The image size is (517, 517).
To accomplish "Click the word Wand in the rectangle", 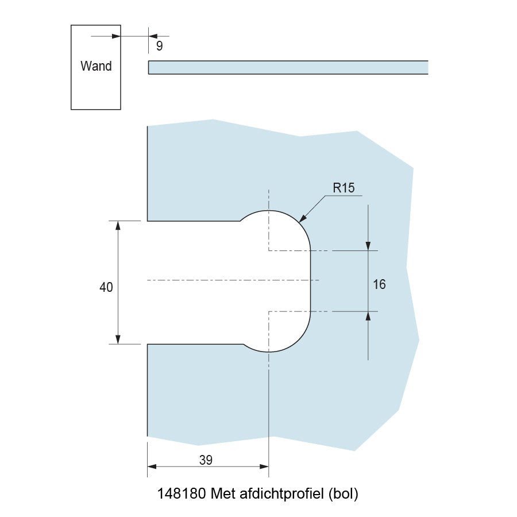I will [96, 66].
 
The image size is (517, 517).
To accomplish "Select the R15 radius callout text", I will [344, 187].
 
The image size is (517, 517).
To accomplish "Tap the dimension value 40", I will [106, 288].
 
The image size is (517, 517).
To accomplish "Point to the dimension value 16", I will [379, 284].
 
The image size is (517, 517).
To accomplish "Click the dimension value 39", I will [206, 460].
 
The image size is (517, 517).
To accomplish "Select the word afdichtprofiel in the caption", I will [281, 493].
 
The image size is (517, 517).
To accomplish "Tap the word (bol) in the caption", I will [344, 493].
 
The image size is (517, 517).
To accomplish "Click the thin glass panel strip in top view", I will [287, 67].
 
